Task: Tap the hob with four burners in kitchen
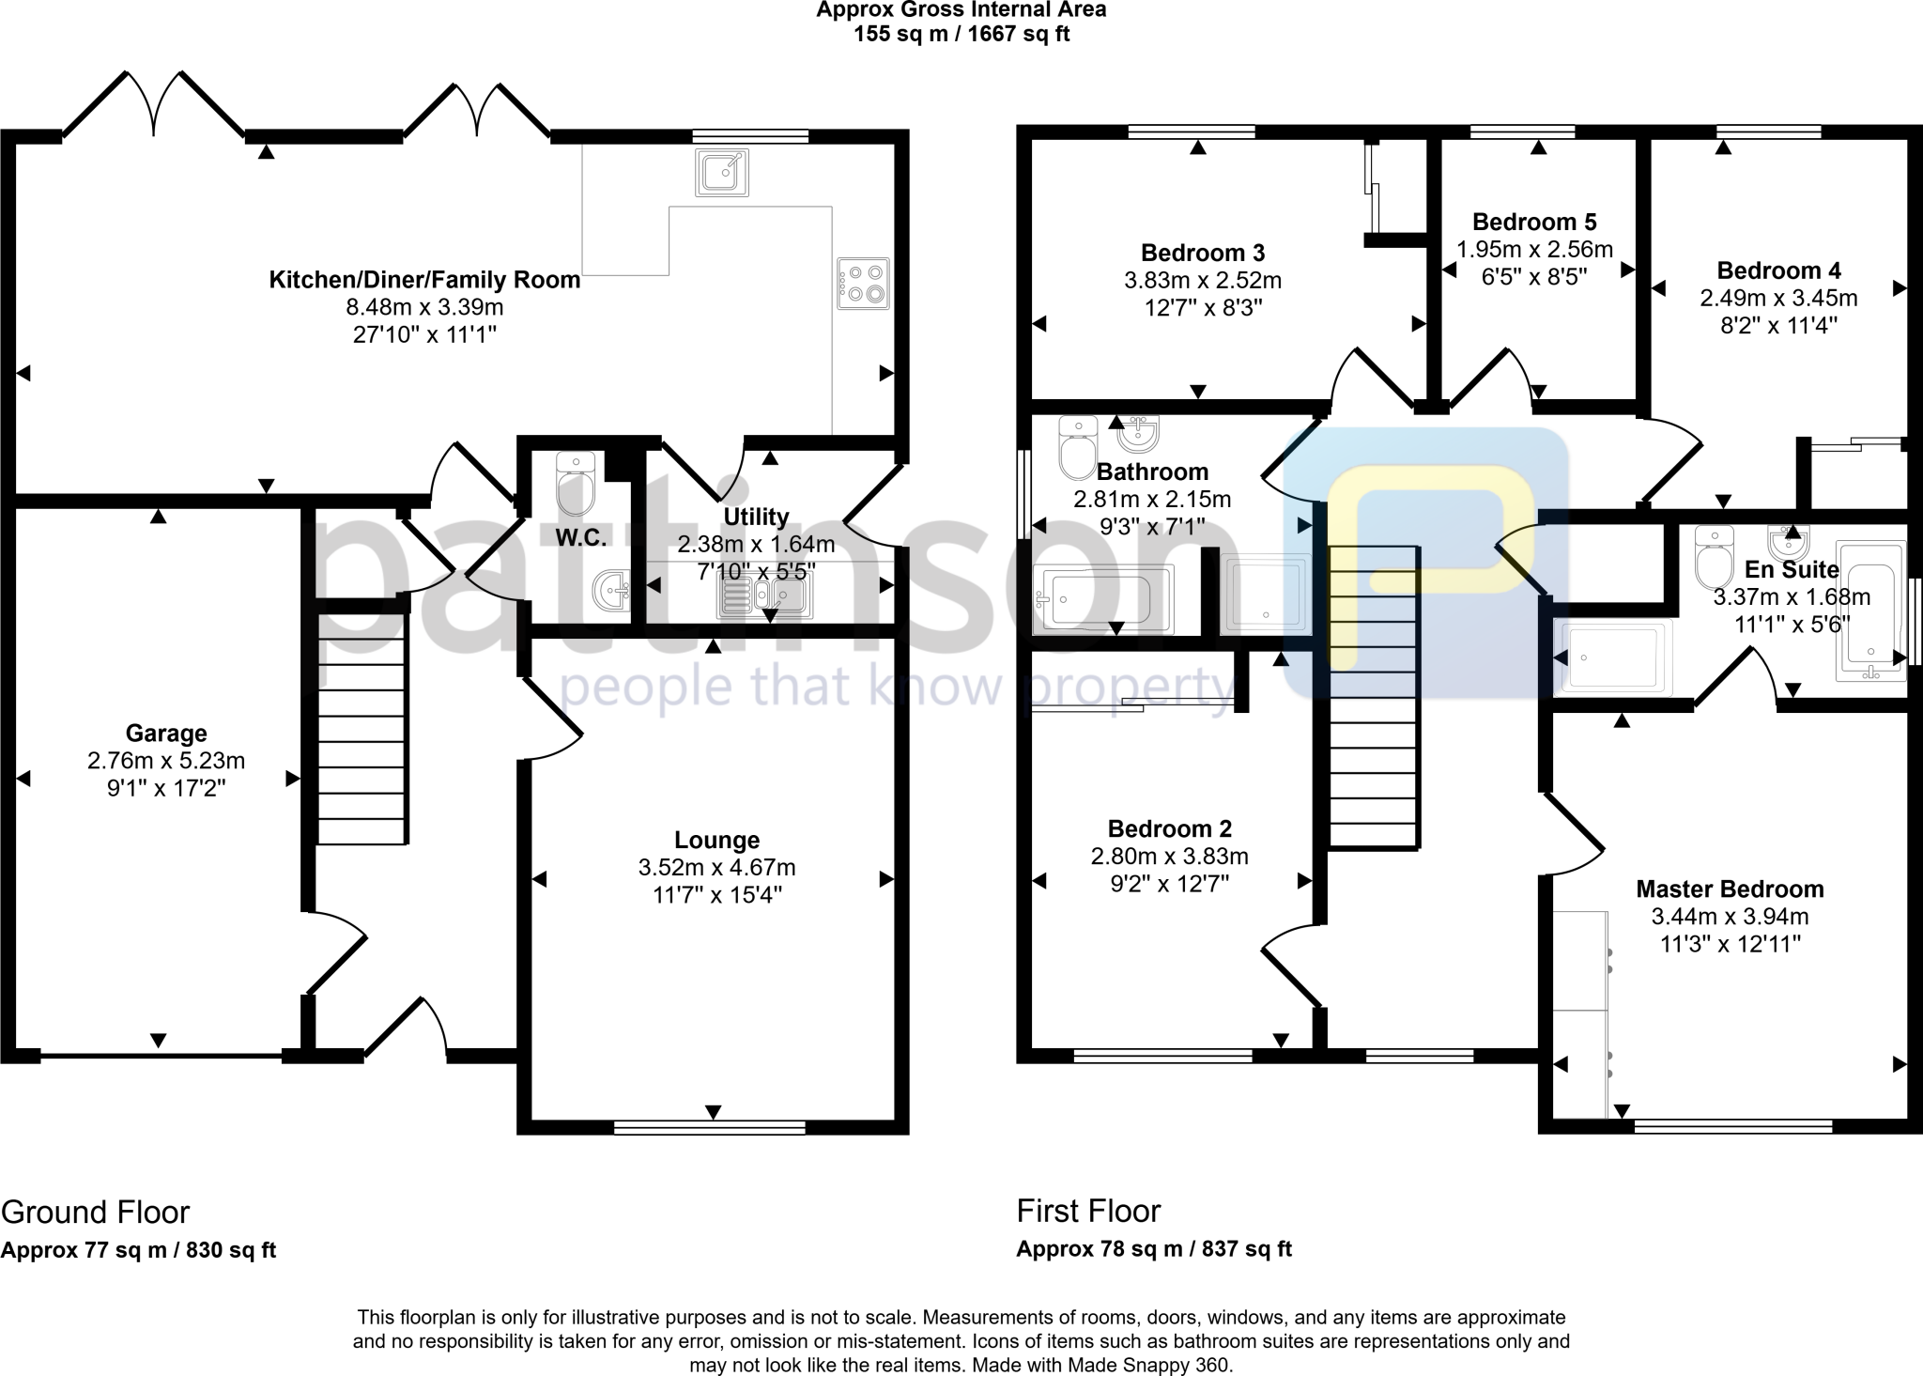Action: point(863,284)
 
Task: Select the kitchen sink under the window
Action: point(722,172)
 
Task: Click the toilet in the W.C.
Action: point(576,483)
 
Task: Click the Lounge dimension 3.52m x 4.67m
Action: point(716,868)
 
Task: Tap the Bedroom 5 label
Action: point(1534,223)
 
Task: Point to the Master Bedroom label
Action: point(1730,889)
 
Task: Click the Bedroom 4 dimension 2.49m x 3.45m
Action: point(1778,299)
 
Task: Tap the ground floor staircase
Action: point(362,728)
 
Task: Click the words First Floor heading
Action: point(1088,1212)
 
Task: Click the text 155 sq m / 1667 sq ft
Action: point(961,35)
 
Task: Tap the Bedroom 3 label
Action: point(1202,253)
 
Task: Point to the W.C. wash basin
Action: point(612,591)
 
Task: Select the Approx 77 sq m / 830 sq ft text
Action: point(139,1251)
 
